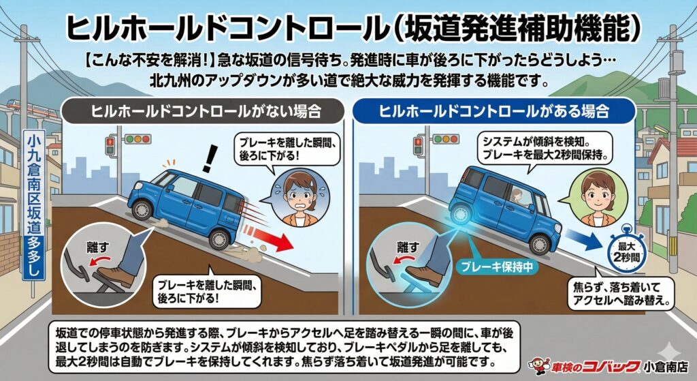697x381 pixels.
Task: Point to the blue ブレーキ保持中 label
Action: tap(497, 266)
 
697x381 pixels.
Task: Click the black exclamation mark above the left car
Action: tap(208, 157)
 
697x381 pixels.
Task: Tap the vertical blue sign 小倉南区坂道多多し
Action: tap(34, 205)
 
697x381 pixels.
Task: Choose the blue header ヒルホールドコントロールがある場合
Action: tap(493, 111)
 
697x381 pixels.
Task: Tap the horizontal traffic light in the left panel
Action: tap(137, 139)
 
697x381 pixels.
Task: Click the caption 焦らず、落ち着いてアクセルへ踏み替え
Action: tap(621, 293)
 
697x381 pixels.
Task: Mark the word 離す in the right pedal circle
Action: tap(407, 247)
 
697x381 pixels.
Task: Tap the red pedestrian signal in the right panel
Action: tap(418, 146)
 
